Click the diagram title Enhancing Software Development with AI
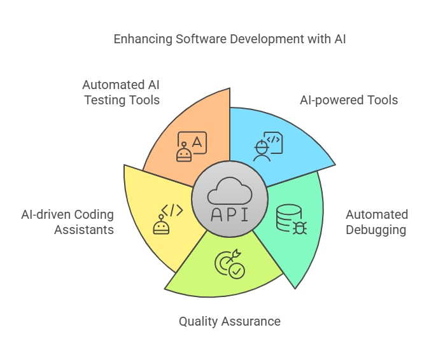pyautogui.click(x=229, y=39)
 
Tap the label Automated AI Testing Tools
pyautogui.click(x=121, y=92)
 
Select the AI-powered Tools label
pyautogui.click(x=348, y=100)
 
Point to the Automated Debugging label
pyautogui.click(x=376, y=221)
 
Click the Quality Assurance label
pyautogui.click(x=229, y=321)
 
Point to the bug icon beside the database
pyautogui.click(x=299, y=226)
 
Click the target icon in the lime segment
pyautogui.click(x=227, y=263)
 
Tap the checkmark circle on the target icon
pyautogui.click(x=237, y=272)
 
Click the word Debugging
pyautogui.click(x=376, y=229)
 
